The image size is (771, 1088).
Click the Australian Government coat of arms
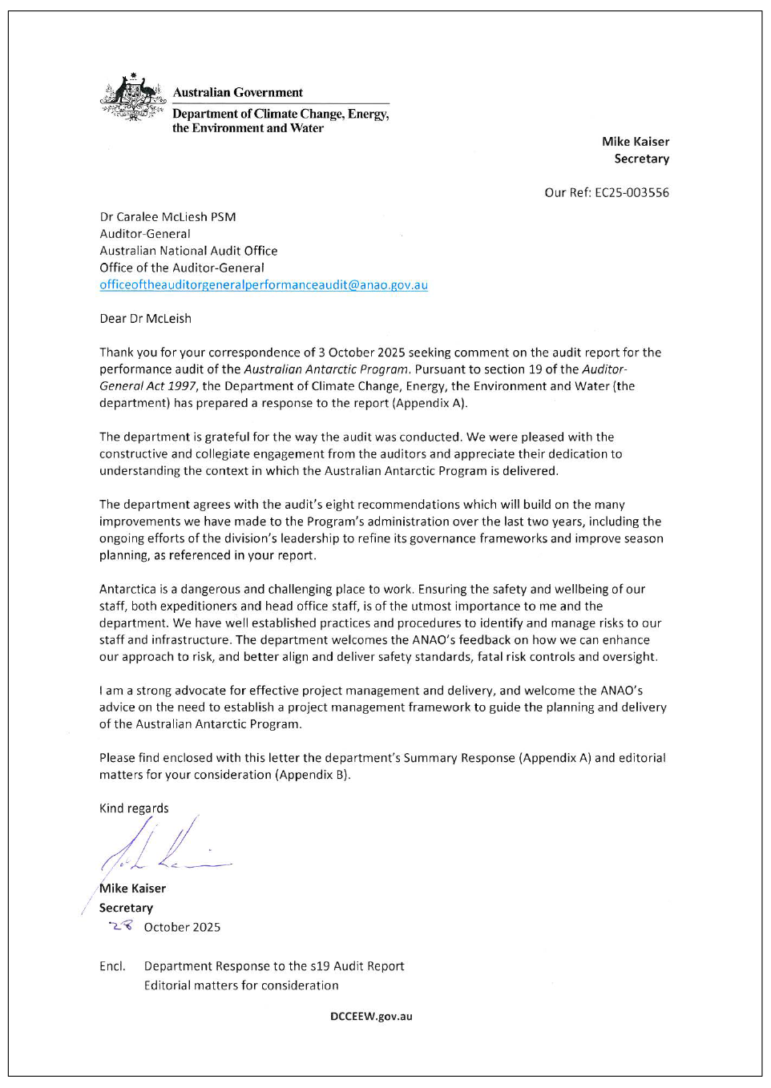tap(133, 99)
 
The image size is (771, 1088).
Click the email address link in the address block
tap(263, 285)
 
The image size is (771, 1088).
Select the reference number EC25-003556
tap(632, 192)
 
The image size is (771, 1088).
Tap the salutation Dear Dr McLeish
tap(145, 319)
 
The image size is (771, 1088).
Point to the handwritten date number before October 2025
tap(122, 926)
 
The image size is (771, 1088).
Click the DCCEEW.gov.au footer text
tap(370, 1016)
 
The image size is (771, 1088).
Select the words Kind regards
tap(134, 808)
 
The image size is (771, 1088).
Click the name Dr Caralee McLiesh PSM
tap(168, 217)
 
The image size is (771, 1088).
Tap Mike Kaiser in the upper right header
tap(635, 142)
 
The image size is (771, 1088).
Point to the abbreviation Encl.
tap(112, 966)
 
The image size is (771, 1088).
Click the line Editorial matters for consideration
tap(240, 985)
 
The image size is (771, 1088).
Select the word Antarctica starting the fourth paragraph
tap(127, 589)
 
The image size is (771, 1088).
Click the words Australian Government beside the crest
tap(238, 93)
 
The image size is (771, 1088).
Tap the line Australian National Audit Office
tap(188, 251)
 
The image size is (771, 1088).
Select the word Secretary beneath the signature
tap(126, 908)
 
